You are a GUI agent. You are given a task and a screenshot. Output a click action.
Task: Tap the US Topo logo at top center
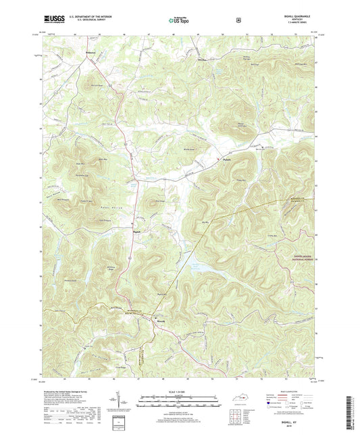(x=180, y=21)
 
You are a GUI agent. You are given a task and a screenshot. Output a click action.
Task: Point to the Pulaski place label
(x=227, y=159)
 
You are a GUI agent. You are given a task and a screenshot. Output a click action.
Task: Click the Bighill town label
(x=137, y=230)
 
